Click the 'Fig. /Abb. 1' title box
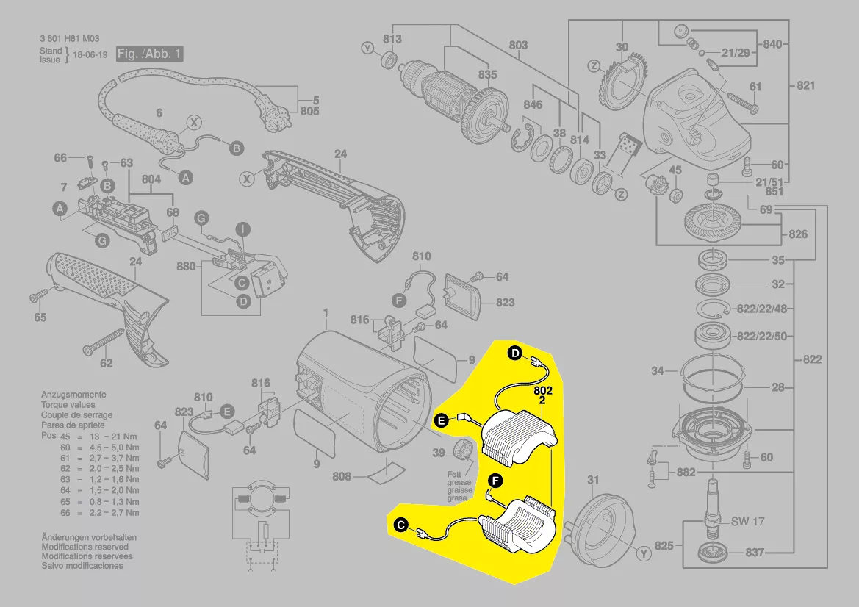point(150,54)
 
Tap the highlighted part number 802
point(543,391)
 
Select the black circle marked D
point(515,353)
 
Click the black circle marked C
point(401,525)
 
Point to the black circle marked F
point(495,481)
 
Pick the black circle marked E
point(441,420)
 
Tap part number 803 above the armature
point(518,45)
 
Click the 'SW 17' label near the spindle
point(748,521)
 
